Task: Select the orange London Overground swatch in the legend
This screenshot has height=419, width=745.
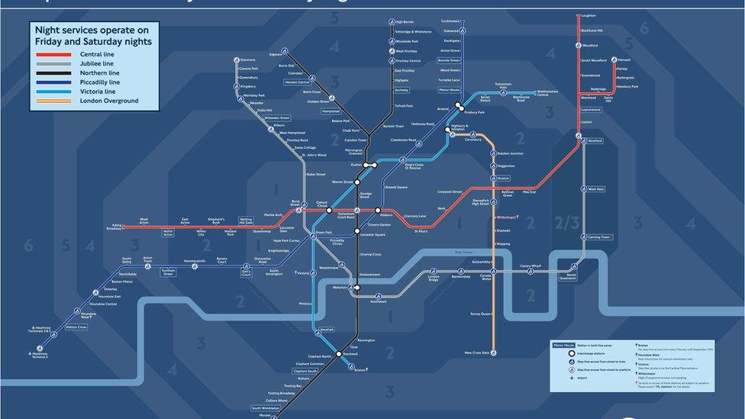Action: [x=53, y=101]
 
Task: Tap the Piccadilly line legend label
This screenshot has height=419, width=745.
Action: [x=100, y=82]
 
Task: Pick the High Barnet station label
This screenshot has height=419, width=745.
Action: [x=405, y=22]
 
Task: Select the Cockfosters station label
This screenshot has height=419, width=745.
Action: [x=451, y=21]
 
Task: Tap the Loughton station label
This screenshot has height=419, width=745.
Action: [x=589, y=15]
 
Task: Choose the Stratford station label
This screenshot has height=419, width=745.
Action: [x=595, y=141]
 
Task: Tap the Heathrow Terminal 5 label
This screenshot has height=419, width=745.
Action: [x=40, y=355]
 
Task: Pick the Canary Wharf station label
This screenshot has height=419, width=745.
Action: [x=531, y=266]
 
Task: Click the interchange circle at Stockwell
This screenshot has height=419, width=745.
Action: [x=338, y=354]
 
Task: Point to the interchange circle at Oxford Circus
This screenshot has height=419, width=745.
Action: [x=329, y=210]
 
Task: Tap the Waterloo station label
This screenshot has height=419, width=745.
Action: [x=340, y=287]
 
